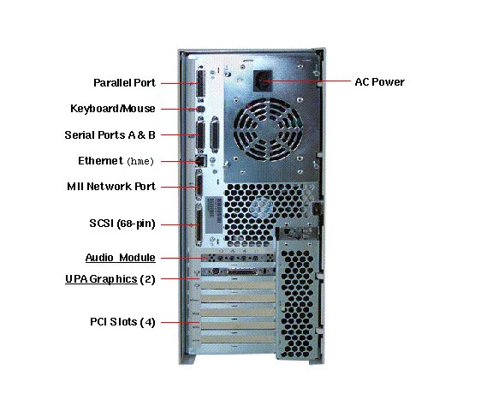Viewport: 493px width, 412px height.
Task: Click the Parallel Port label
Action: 124,83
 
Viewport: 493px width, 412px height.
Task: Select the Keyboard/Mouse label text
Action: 113,109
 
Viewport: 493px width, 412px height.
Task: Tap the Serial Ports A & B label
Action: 110,135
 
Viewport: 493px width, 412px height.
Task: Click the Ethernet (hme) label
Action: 116,161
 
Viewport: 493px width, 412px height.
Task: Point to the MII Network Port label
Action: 111,187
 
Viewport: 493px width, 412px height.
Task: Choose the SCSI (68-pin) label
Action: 122,224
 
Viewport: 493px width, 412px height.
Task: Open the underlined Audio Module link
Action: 121,258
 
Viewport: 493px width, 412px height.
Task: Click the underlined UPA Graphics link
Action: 101,279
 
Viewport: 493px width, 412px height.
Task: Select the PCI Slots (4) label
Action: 122,322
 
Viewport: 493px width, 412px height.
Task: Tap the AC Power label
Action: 379,82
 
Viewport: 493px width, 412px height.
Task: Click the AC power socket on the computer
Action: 263,81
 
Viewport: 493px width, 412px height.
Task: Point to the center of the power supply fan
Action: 268,129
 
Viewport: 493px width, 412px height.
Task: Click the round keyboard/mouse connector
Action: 201,110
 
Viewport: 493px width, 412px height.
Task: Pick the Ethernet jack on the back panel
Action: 201,161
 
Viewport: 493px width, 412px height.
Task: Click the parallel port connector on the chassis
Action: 200,83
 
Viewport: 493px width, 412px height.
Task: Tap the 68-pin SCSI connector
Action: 199,224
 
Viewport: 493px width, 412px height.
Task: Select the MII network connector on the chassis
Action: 199,187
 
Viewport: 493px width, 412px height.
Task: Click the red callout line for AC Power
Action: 306,81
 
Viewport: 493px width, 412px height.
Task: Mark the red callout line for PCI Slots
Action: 180,322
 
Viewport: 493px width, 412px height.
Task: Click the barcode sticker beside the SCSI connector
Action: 213,215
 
